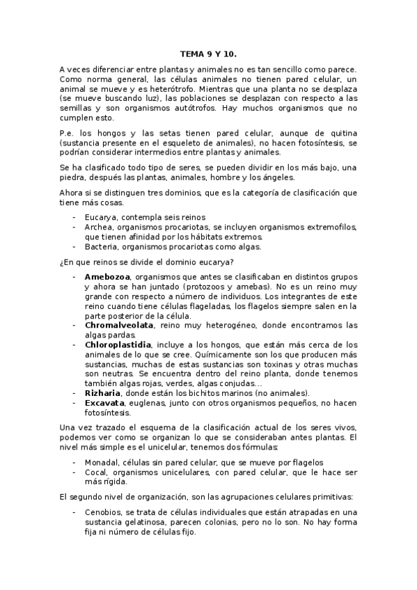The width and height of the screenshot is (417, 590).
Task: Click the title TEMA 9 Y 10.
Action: point(208,53)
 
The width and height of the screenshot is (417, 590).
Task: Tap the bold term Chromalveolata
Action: point(119,325)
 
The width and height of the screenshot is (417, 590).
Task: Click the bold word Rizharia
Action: point(103,392)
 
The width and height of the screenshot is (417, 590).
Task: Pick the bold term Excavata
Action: point(105,402)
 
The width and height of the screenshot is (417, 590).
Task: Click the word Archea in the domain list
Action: point(99,228)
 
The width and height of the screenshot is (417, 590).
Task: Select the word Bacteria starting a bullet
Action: point(102,246)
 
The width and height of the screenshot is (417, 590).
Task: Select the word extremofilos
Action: point(329,228)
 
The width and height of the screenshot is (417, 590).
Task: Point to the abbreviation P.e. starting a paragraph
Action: point(67,133)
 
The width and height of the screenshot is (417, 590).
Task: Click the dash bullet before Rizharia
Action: point(74,392)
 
